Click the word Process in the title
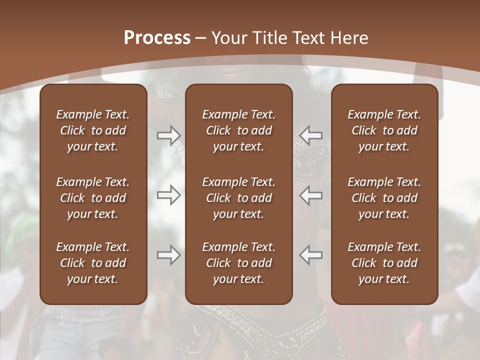[157, 38]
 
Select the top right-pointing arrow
[168, 135]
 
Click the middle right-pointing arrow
[168, 195]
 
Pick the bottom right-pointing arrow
[168, 255]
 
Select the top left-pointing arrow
[311, 135]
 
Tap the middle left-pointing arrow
[311, 195]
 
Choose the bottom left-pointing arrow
[311, 255]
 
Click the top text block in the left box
[93, 130]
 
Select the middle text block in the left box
[93, 198]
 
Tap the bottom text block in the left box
[93, 263]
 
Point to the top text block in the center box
[238, 130]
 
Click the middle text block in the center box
[238, 198]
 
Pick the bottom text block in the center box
[238, 263]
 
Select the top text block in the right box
[384, 130]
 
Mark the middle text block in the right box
[384, 198]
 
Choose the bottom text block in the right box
[384, 263]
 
